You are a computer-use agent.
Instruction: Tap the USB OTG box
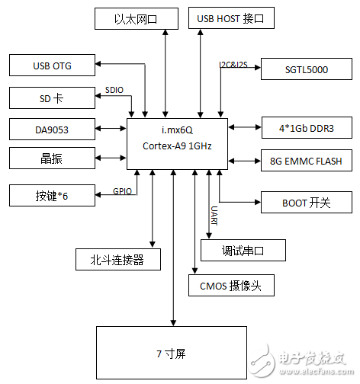53,66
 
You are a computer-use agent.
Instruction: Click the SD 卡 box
53,98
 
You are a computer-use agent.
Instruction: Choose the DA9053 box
53,129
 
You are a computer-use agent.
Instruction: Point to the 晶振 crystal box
53,158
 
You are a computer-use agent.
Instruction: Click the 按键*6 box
53,194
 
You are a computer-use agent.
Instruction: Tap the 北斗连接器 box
120,259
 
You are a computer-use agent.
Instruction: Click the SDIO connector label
114,91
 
